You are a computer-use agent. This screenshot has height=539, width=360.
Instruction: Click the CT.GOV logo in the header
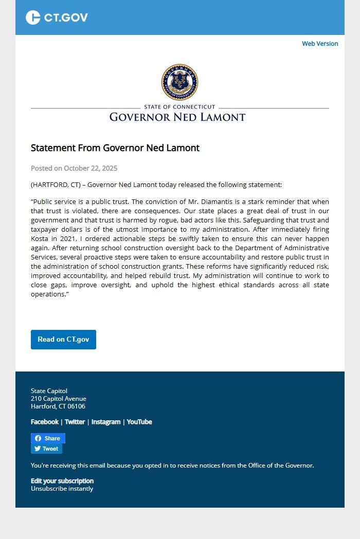click(x=57, y=17)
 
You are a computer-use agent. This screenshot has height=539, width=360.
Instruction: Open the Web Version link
click(x=320, y=44)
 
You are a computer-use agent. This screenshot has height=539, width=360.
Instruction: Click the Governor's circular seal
click(x=179, y=82)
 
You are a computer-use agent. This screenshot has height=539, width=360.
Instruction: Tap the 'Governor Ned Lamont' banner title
click(x=177, y=117)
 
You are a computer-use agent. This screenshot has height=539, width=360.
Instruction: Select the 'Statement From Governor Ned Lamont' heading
click(x=115, y=148)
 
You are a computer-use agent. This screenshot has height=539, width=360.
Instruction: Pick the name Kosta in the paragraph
click(x=40, y=239)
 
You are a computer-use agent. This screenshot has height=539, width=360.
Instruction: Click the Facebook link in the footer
click(x=45, y=422)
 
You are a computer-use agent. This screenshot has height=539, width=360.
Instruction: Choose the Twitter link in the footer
click(x=75, y=422)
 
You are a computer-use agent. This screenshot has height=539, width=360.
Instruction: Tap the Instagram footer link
click(x=106, y=422)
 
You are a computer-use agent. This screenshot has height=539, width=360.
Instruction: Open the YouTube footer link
click(x=139, y=422)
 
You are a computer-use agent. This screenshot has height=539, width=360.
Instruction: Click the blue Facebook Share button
click(x=48, y=438)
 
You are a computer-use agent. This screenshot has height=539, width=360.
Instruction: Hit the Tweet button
click(x=46, y=449)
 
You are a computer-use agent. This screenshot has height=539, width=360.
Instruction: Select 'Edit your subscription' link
click(x=62, y=481)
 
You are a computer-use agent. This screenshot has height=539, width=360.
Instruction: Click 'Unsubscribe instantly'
click(x=62, y=489)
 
